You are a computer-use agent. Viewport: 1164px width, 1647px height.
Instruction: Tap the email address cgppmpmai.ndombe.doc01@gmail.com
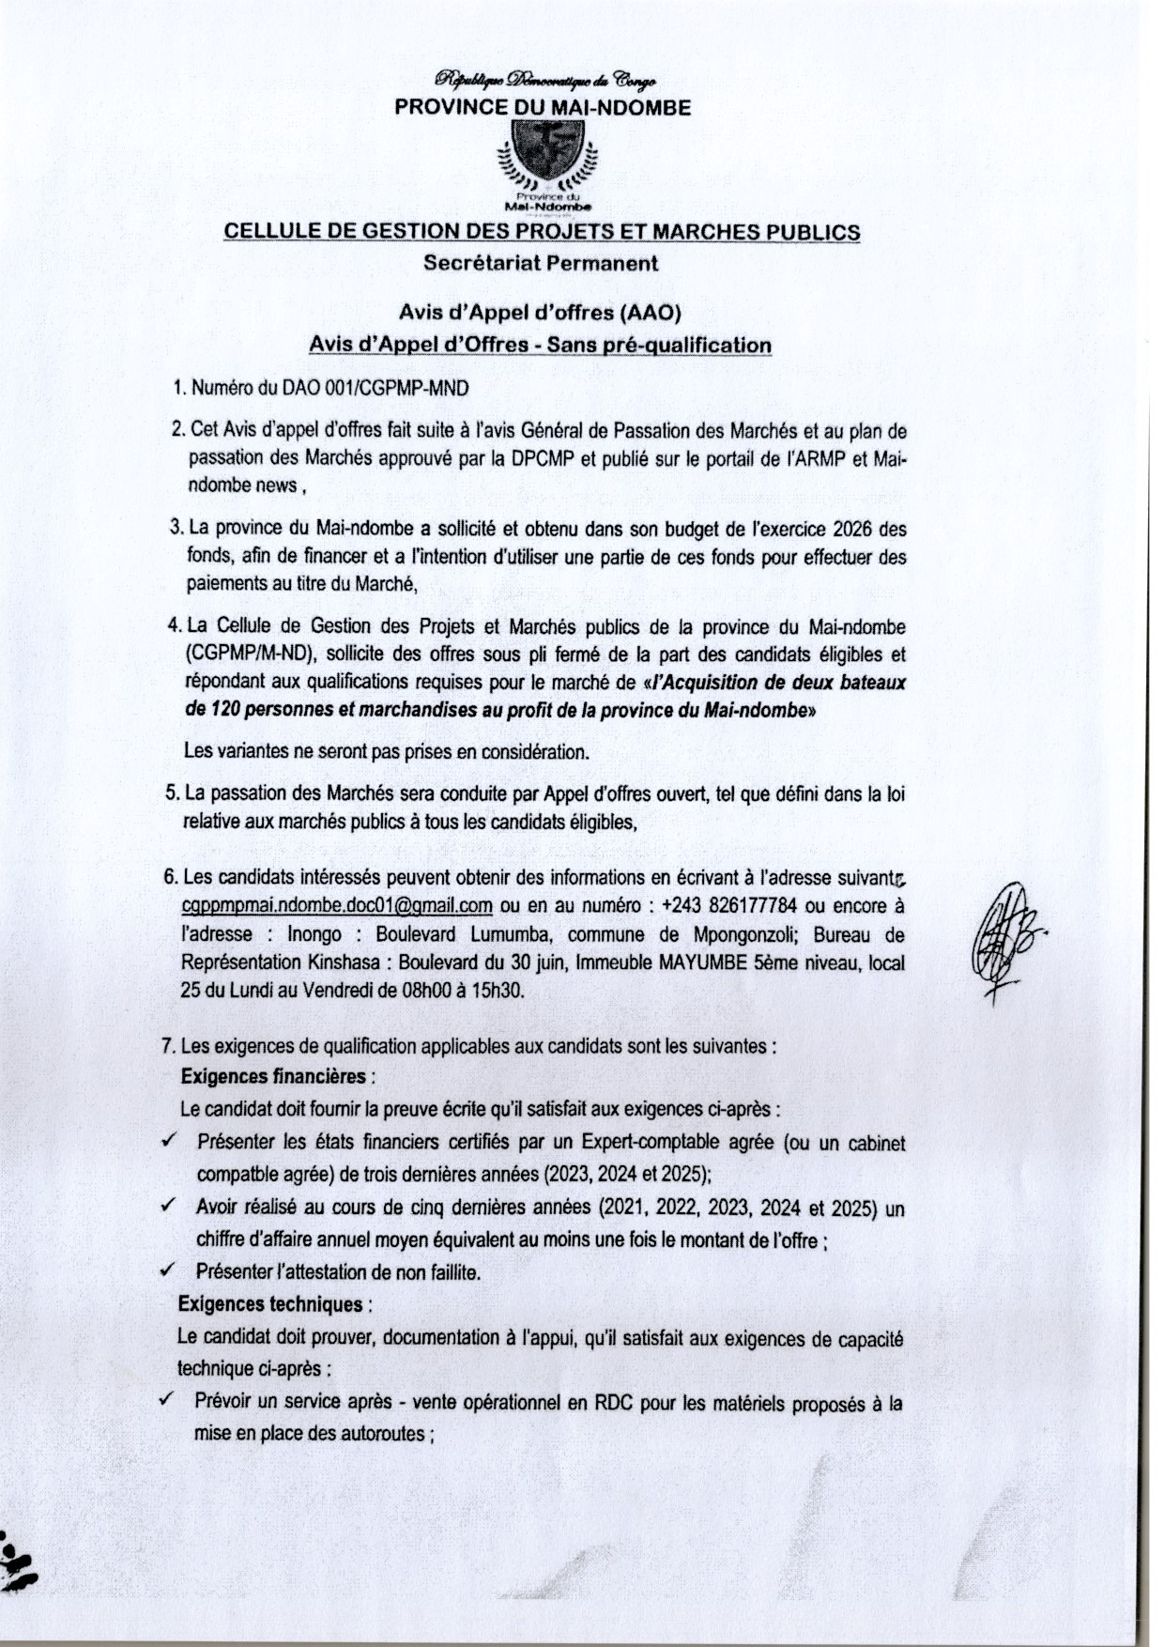pyautogui.click(x=337, y=906)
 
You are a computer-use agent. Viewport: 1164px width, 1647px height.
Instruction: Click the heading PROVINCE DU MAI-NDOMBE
pyautogui.click(x=542, y=107)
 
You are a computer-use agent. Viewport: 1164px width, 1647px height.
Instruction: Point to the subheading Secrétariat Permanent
pyautogui.click(x=541, y=263)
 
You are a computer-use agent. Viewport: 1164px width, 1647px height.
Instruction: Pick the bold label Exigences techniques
pyautogui.click(x=270, y=1304)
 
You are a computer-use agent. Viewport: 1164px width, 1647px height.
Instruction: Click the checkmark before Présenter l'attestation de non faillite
pyautogui.click(x=169, y=1270)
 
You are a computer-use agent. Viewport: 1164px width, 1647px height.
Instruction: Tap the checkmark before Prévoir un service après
pyautogui.click(x=168, y=1400)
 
